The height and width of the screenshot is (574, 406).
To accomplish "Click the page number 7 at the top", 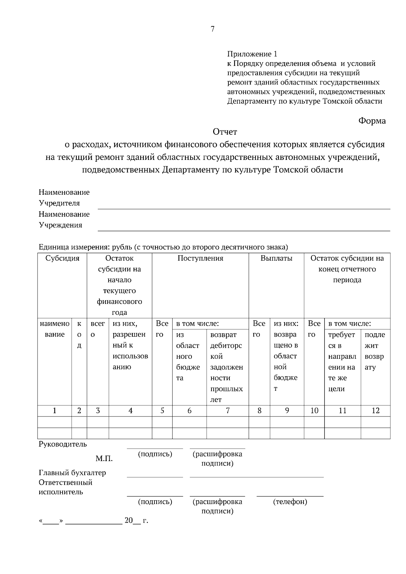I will point(212,29).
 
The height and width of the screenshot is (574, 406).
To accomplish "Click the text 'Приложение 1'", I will point(252,54).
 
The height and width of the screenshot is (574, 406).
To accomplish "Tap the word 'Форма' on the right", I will point(372,121).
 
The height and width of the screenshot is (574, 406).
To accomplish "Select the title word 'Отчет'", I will point(225,131).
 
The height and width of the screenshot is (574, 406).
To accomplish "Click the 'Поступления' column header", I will point(200,258).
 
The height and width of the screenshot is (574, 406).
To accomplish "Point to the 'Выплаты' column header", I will point(276,258).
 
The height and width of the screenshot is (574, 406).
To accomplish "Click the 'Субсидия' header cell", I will point(62,258).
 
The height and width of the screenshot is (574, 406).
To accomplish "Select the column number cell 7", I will point(228,410).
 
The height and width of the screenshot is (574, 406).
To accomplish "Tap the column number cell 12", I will point(375,410).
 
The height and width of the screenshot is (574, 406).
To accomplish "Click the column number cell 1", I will point(54,410).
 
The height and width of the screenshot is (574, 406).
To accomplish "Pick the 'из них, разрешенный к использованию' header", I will point(130,345).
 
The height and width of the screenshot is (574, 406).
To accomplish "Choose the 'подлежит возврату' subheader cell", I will point(375,351).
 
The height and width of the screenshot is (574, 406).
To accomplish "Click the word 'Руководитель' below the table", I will point(63,444).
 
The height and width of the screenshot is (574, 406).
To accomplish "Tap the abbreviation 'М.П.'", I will point(104,459).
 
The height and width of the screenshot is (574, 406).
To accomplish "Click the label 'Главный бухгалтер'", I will point(72,473).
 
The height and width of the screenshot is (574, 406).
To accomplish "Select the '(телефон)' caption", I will point(290,502).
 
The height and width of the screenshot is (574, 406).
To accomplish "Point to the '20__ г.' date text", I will point(136,521).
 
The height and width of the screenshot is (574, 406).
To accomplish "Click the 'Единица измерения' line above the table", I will point(163,247).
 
